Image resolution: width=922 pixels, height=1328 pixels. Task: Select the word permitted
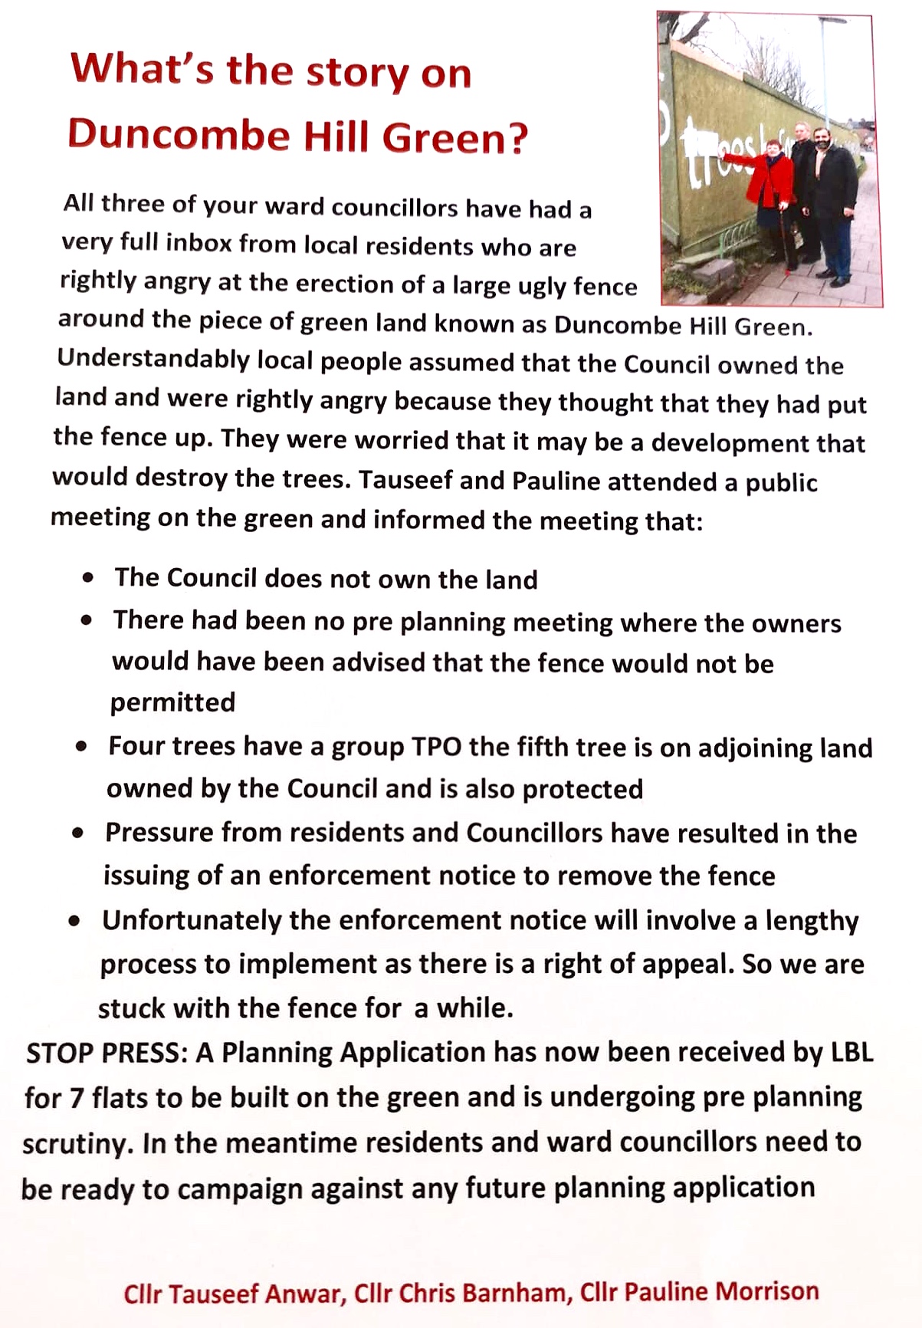pos(172,702)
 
